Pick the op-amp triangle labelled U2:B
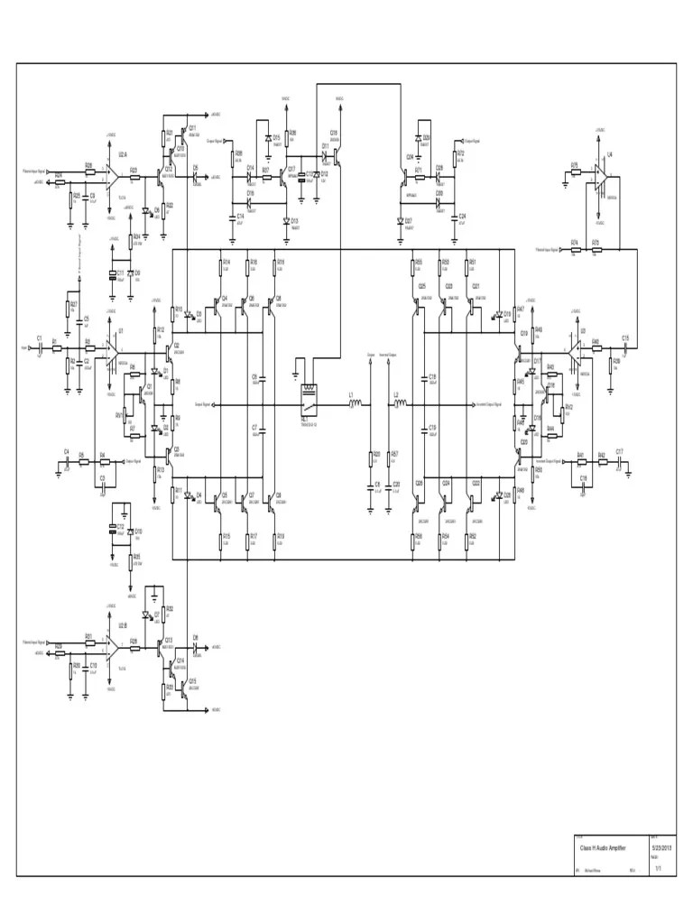115,645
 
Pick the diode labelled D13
286,220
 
